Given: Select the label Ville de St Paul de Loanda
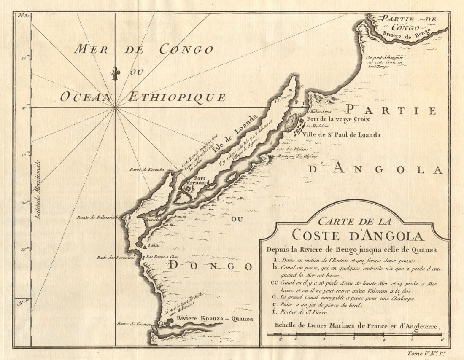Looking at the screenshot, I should [x=341, y=135].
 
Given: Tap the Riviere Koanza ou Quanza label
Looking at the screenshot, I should [x=215, y=319].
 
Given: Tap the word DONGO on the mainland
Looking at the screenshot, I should [x=211, y=266].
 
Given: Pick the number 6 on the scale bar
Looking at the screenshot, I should [x=441, y=339].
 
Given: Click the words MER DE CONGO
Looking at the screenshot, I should [x=143, y=49].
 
